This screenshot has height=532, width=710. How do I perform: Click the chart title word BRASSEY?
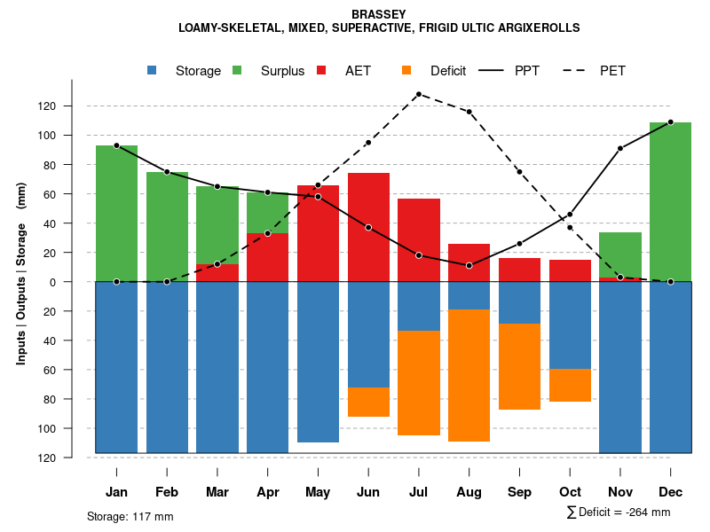point(379,14)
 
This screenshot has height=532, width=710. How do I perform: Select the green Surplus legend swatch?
point(237,71)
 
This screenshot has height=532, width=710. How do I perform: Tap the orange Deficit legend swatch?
point(406,71)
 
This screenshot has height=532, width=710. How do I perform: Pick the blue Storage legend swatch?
point(153,71)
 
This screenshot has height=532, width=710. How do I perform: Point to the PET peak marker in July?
point(418,94)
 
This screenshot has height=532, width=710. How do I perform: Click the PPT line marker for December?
point(670,122)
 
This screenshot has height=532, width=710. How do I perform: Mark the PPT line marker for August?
point(469,266)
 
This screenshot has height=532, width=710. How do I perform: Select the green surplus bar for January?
point(116,213)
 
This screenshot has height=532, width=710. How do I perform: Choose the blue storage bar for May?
point(318,362)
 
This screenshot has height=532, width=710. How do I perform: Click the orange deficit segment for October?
point(570,385)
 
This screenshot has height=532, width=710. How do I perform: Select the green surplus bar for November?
point(620,255)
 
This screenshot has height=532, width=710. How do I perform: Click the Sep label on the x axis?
point(519,492)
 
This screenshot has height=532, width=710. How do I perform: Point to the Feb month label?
point(167,492)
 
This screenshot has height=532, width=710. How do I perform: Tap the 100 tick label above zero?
point(70,136)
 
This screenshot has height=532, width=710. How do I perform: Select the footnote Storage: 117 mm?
point(130,516)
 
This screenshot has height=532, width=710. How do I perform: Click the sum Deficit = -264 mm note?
point(618,512)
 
